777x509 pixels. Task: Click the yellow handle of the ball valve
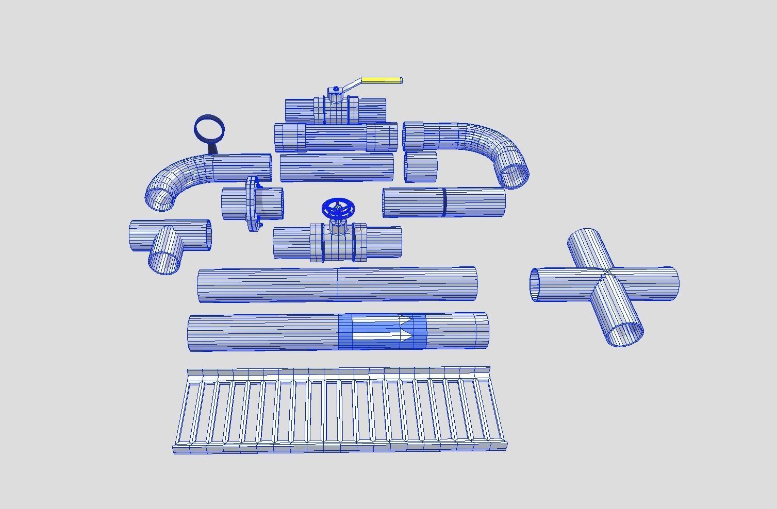click(x=381, y=80)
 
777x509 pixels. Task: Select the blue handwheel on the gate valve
click(x=338, y=209)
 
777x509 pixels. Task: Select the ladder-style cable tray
click(x=339, y=410)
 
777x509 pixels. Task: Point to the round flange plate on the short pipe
click(x=252, y=204)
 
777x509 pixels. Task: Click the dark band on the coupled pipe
click(x=444, y=202)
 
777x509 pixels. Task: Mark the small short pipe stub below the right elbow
click(x=421, y=166)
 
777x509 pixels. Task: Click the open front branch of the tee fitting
click(x=164, y=262)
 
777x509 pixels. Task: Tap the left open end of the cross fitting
click(x=536, y=284)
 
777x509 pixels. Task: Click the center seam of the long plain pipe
click(x=338, y=284)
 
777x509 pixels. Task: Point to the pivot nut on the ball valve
click(x=336, y=90)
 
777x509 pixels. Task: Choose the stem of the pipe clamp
click(x=213, y=148)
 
